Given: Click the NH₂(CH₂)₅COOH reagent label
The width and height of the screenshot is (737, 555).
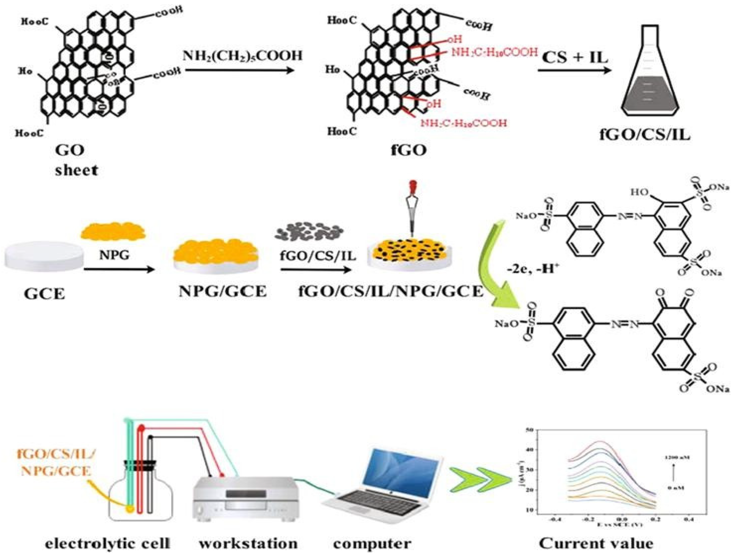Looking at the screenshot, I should point(243,55).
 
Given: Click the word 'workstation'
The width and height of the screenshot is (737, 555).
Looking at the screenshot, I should point(248,544).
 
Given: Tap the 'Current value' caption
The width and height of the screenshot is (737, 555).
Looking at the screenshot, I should point(596,544).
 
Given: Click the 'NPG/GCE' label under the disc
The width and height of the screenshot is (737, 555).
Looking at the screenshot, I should point(223,292).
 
